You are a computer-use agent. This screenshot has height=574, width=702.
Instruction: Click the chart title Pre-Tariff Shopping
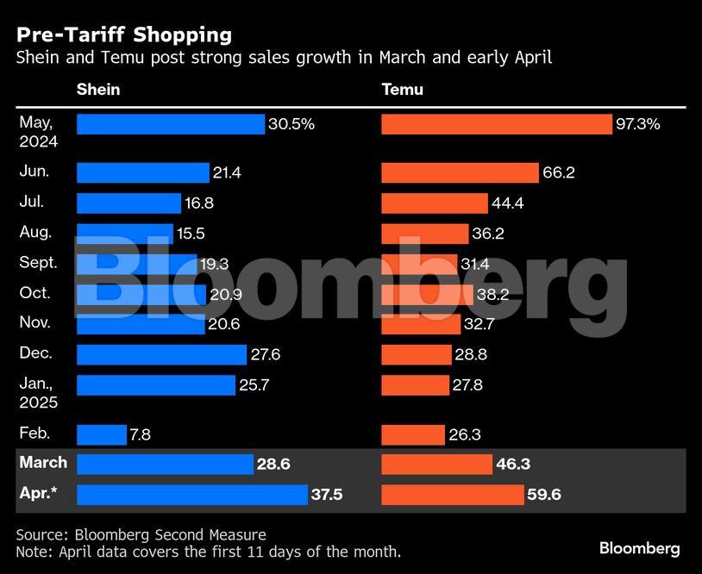pos(123,34)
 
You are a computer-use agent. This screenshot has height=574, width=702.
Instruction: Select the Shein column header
pos(98,90)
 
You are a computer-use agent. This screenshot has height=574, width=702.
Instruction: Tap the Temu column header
pos(402,90)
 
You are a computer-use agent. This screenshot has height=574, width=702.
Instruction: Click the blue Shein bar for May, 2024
pos(170,124)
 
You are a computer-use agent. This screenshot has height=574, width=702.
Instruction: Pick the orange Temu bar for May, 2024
pos(496,124)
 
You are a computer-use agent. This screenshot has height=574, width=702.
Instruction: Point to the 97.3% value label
pos(638,124)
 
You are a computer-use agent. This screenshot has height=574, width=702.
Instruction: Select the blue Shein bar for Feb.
pos(101,435)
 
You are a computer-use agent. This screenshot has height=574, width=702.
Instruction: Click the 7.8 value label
pos(140,435)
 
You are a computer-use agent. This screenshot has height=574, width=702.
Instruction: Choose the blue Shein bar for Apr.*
pos(191,495)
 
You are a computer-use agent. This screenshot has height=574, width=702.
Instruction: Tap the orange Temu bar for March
pos(436,465)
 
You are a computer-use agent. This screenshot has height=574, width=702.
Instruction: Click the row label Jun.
pos(34,172)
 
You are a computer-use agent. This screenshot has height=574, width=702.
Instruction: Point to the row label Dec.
pos(35,353)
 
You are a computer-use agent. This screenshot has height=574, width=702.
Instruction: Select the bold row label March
pos(43,463)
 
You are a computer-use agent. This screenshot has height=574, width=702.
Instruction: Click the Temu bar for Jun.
pos(460,173)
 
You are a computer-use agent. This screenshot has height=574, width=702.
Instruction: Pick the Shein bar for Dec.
pos(161,354)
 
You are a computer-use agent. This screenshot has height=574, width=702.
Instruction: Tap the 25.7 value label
pos(254,385)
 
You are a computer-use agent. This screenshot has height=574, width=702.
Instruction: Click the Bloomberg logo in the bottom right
pos(639,548)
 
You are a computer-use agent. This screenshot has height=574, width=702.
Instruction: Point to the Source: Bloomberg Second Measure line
pos(141,535)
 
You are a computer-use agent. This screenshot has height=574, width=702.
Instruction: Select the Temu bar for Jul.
pos(434,203)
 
